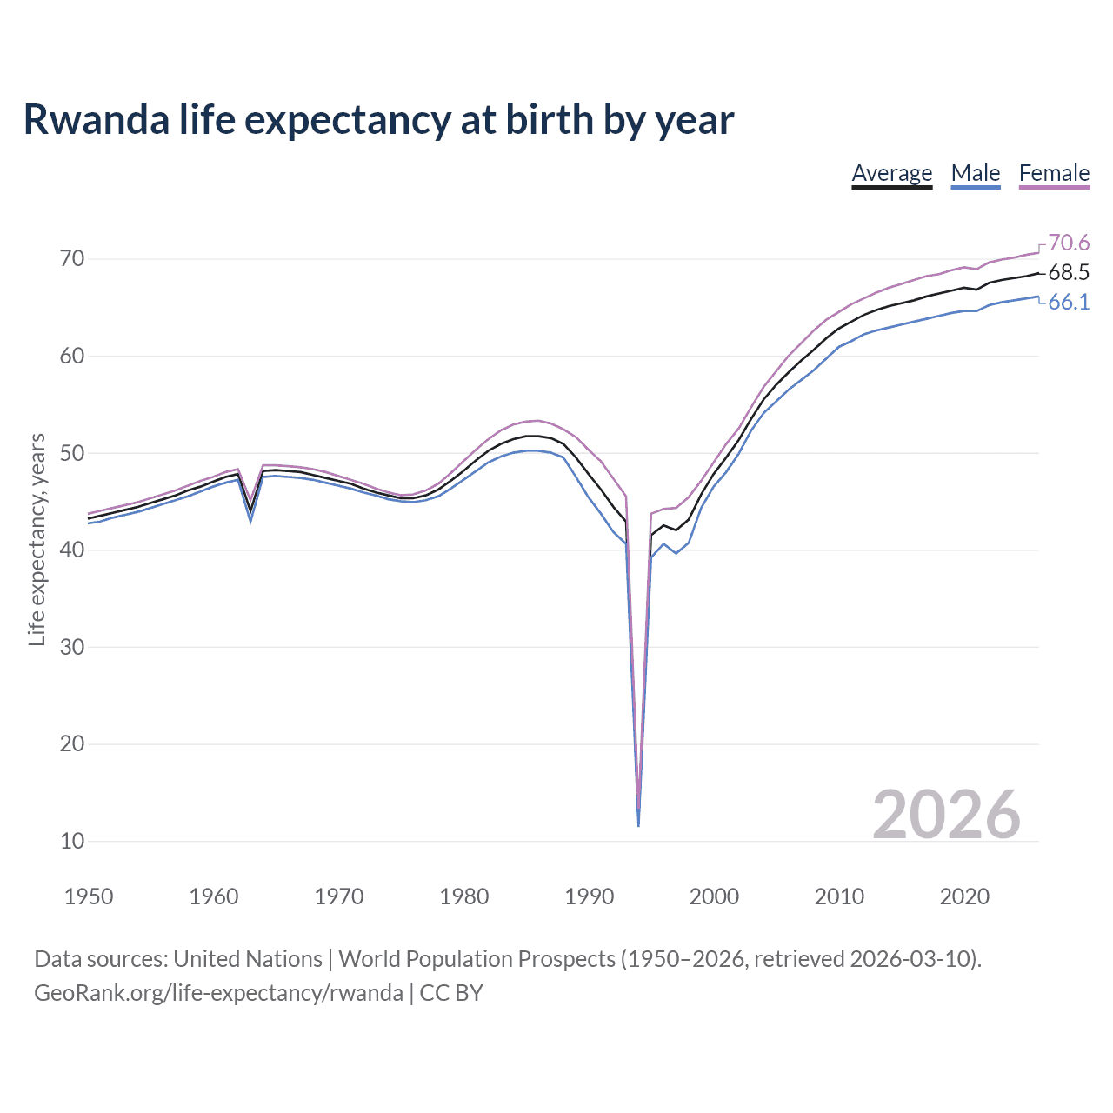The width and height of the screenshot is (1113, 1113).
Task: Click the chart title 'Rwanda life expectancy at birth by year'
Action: tap(378, 119)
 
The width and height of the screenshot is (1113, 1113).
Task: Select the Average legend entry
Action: tap(891, 173)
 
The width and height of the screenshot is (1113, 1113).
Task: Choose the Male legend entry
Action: tap(975, 173)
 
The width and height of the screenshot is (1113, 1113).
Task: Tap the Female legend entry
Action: tap(1054, 173)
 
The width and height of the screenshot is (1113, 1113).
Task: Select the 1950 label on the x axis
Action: tap(89, 896)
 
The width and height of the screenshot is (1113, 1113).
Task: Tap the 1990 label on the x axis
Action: tap(589, 896)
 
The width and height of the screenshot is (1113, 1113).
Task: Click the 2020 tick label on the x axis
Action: tap(964, 896)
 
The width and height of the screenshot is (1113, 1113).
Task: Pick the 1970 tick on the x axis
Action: tap(339, 896)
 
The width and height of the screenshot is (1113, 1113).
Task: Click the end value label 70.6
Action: tap(1069, 243)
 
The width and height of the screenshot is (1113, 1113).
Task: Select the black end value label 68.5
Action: tap(1069, 273)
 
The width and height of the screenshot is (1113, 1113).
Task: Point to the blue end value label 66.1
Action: tap(1069, 303)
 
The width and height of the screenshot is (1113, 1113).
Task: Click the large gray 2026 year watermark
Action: tap(946, 815)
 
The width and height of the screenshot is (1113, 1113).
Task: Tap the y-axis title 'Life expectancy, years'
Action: tap(37, 540)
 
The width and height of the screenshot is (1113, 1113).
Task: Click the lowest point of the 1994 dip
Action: tap(638, 824)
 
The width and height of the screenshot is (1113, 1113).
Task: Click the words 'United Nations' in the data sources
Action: tap(248, 959)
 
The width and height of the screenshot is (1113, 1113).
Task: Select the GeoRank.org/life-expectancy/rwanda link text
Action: tap(218, 993)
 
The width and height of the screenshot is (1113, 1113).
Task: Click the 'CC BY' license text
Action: tap(451, 993)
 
